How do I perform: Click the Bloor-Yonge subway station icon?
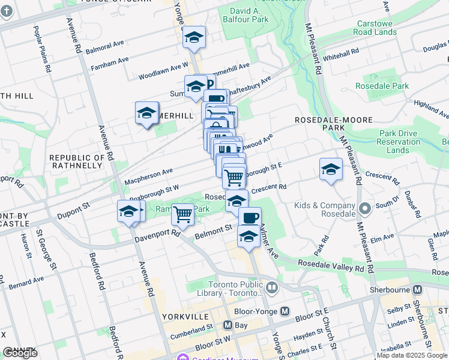click(x=285, y=311)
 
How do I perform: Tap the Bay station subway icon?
click(x=228, y=325)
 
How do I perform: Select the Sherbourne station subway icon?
click(x=418, y=289)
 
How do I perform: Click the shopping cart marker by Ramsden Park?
click(x=182, y=213)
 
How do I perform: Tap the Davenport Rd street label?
click(x=158, y=234)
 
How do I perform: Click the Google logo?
click(x=20, y=353)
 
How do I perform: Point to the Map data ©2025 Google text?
click(x=412, y=355)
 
